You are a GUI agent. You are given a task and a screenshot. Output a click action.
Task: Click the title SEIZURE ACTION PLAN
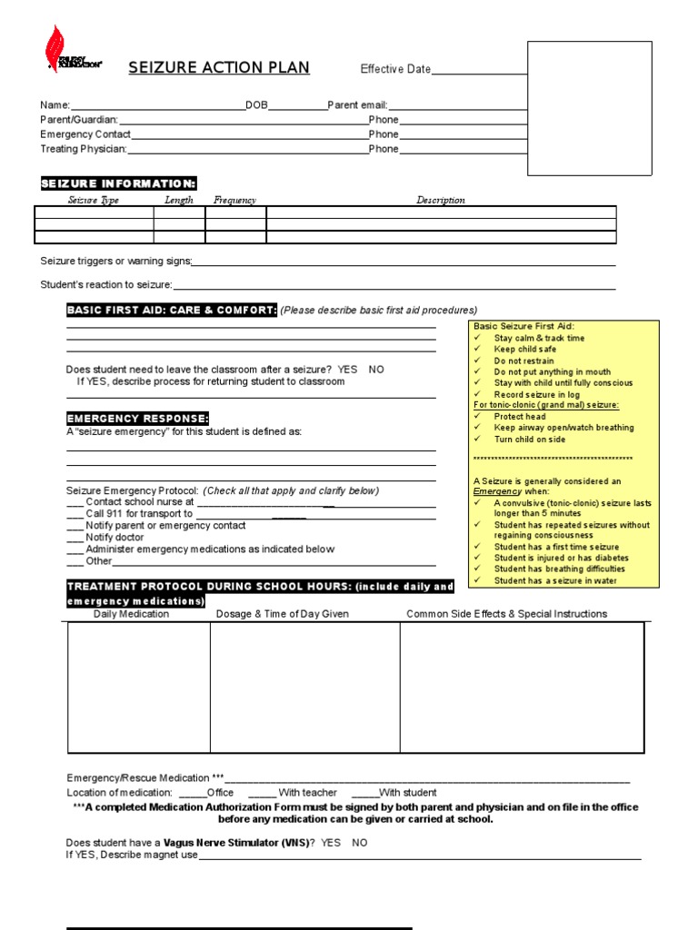point(219,68)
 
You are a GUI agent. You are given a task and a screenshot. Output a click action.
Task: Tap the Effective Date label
point(395,69)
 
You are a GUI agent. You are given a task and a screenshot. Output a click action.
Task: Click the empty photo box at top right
point(590,107)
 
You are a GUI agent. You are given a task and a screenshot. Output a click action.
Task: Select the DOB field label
point(256,105)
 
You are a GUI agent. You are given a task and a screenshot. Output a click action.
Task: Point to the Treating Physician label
point(84,149)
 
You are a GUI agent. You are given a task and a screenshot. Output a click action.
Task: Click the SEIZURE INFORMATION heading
point(118,183)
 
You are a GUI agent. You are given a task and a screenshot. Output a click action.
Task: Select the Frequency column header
point(234,200)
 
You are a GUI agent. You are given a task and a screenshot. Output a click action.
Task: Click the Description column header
point(441,200)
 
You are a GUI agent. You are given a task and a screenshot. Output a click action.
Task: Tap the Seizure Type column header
point(94,200)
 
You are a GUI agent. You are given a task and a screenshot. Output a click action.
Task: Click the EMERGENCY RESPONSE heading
point(137,419)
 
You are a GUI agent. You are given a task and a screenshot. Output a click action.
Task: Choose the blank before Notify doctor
point(75,538)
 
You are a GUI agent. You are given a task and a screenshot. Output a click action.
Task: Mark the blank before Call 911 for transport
point(75,514)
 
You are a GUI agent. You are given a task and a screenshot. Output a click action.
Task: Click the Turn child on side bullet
point(529,440)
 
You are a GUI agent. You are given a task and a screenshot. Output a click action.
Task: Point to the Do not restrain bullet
point(523,361)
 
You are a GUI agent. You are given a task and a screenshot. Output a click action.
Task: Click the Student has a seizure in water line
point(554,580)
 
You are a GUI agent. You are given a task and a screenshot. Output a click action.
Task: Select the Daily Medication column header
point(131,614)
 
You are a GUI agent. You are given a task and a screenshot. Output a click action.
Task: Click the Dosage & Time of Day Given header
point(282,614)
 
